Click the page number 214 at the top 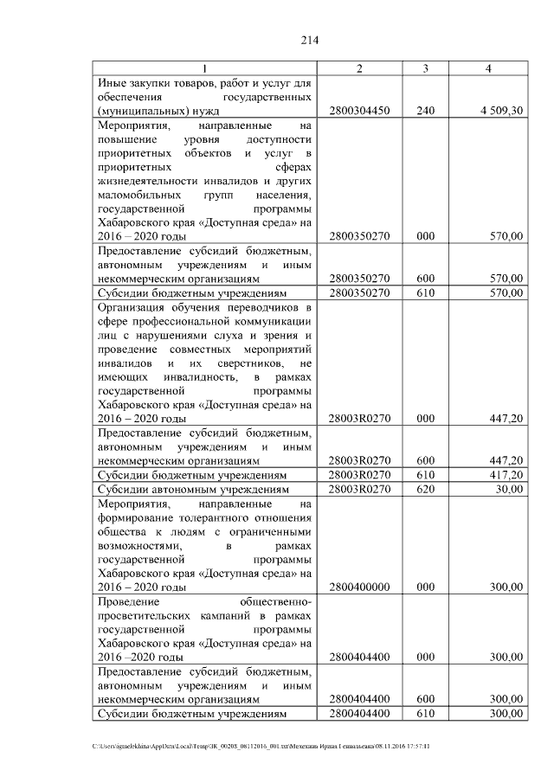click(311, 40)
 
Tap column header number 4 click(489, 68)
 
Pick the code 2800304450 click(360, 111)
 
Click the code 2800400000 click(360, 587)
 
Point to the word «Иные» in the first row click(113, 83)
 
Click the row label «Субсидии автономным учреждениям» click(193, 489)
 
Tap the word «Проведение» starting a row click(130, 600)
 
